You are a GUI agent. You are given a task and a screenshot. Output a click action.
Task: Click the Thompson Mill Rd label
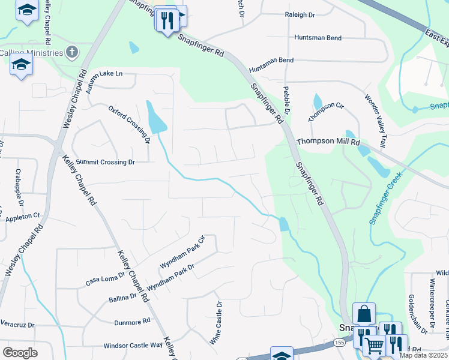click(x=328, y=142)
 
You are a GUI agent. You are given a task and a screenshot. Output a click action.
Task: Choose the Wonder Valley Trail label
click(x=374, y=121)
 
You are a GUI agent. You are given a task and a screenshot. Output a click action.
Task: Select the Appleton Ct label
click(x=23, y=215)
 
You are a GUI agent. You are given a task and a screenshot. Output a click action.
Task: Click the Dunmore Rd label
click(x=131, y=322)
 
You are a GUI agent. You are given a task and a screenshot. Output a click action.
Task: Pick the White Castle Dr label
click(x=215, y=323)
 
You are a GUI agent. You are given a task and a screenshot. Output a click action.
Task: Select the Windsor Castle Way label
click(x=133, y=345)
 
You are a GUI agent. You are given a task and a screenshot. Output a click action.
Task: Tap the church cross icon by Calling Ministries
click(x=72, y=52)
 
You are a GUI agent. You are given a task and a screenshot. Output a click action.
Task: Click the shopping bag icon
click(x=364, y=313)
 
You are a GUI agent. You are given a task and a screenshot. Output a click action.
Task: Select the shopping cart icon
click(x=374, y=345)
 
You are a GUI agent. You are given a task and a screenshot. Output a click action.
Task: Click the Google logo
click(x=20, y=352)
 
